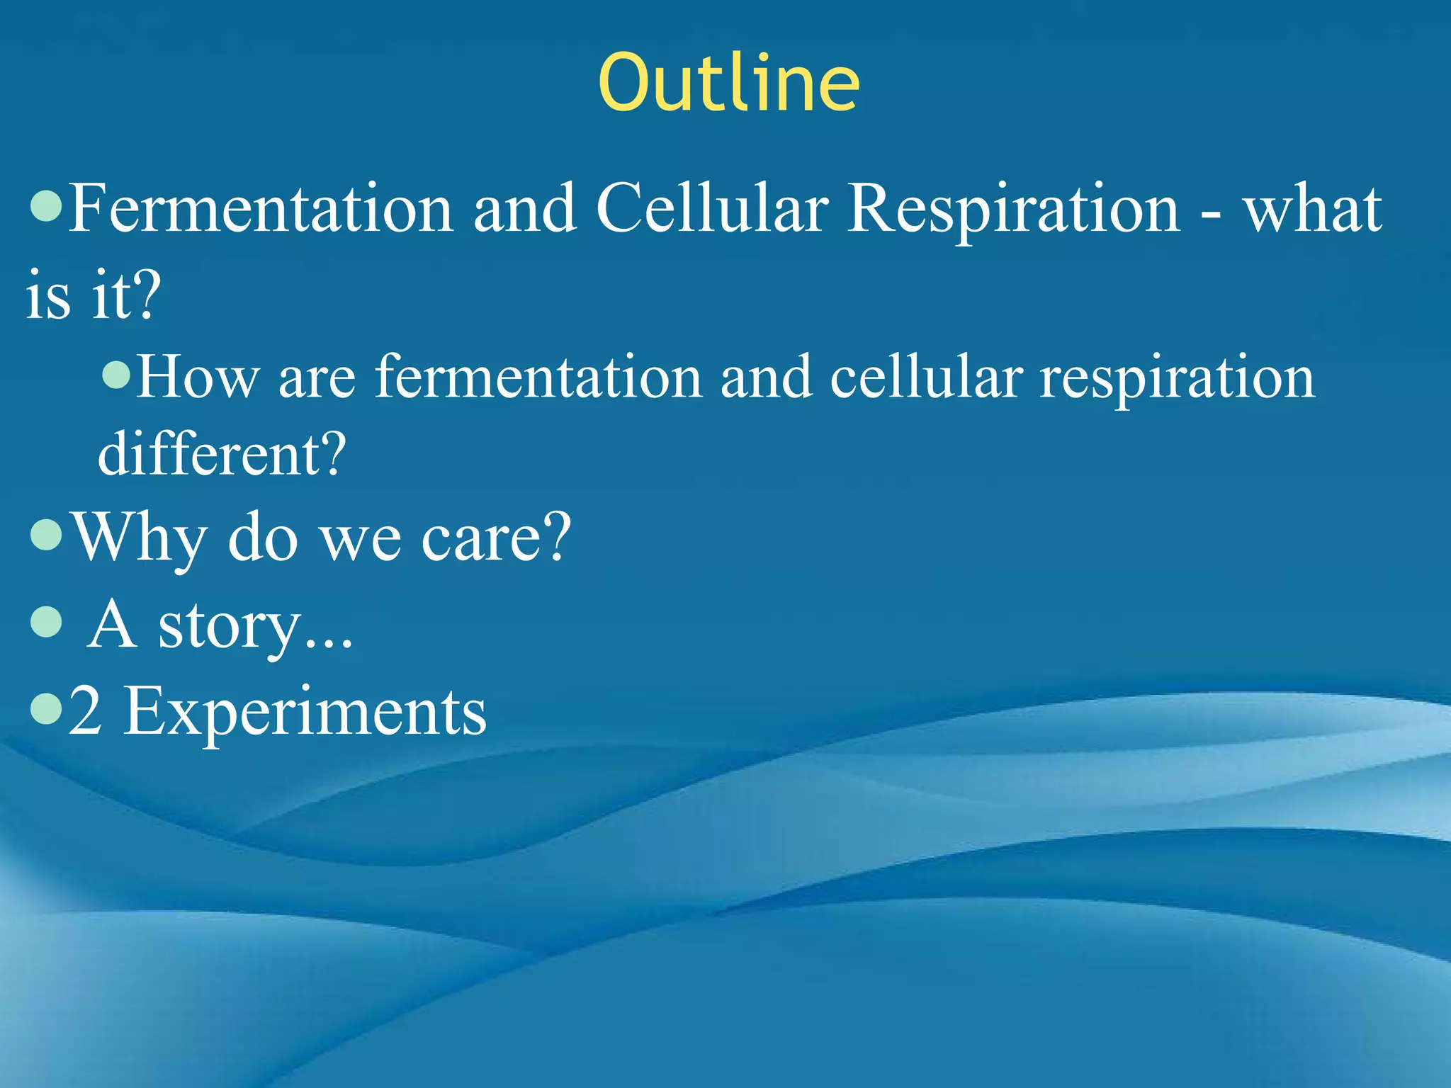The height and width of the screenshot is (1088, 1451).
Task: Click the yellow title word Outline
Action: tap(728, 84)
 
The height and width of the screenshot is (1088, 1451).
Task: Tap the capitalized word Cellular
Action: tap(711, 208)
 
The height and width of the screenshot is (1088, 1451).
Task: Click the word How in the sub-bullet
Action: tap(197, 378)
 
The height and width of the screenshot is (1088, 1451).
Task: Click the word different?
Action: tap(222, 453)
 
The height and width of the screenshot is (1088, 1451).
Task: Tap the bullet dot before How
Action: tap(117, 375)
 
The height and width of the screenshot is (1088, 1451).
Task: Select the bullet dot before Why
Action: tap(47, 536)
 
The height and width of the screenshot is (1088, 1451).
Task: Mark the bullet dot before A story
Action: tap(47, 623)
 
